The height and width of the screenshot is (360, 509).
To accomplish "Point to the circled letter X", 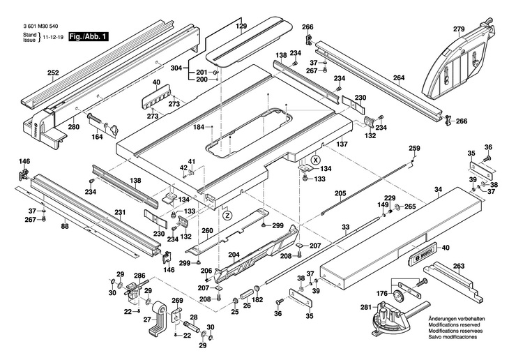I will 316,160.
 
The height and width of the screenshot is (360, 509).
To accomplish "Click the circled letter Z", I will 226,216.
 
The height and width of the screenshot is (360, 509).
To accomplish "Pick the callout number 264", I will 398,78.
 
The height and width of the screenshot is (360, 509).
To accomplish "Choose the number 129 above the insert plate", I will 241,26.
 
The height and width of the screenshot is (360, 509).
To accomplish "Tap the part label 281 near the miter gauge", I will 366,306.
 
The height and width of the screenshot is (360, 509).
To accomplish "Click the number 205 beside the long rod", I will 340,193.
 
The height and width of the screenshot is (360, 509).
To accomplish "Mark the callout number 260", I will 207,230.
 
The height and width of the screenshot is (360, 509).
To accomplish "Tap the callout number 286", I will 139,276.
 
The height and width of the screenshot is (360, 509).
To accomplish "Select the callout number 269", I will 177,301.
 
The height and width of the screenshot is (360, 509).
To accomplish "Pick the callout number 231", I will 120,212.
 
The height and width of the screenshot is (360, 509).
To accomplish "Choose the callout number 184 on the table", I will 199,127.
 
